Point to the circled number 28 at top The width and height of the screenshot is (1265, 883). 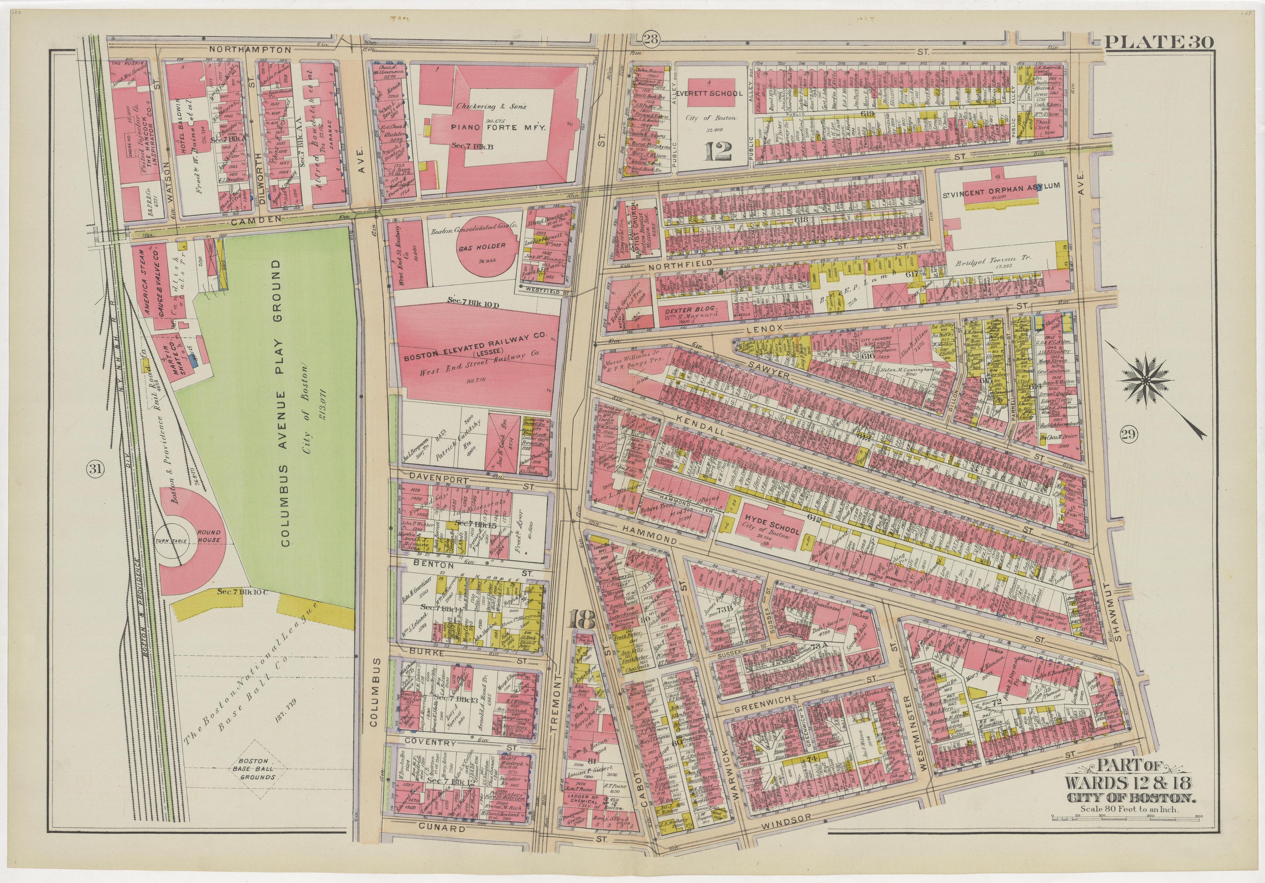651,39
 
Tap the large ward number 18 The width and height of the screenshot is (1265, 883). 583,620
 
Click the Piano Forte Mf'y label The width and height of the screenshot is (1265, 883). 498,127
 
